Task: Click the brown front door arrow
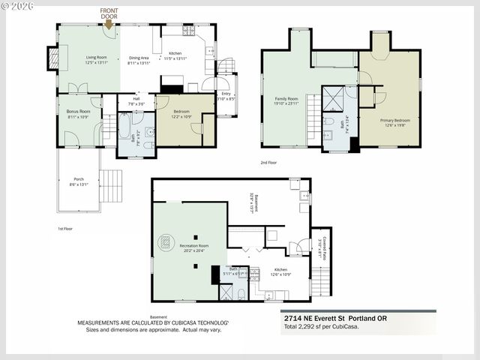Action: point(109,24)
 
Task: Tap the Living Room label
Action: point(96,60)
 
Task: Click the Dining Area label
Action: point(139,60)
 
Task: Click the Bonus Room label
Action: point(78,113)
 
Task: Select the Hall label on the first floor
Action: point(137,100)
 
